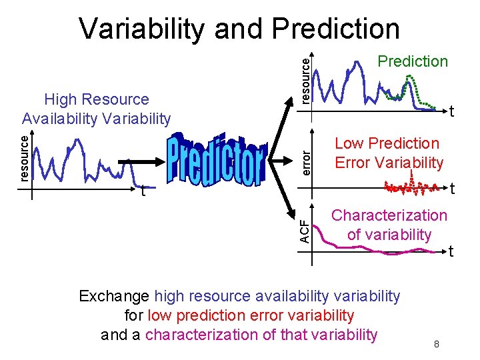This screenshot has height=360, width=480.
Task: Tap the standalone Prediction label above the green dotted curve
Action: click(x=412, y=61)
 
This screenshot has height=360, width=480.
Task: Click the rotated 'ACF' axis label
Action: click(x=304, y=231)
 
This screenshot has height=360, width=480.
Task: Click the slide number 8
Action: click(x=436, y=344)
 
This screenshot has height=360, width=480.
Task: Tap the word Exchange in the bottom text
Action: click(x=114, y=296)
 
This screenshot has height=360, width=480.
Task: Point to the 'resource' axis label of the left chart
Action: click(x=24, y=157)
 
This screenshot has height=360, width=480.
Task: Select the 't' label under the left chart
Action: click(x=143, y=191)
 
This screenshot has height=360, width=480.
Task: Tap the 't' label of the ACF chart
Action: click(x=451, y=251)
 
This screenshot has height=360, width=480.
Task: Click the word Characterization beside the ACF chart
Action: click(x=389, y=215)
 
